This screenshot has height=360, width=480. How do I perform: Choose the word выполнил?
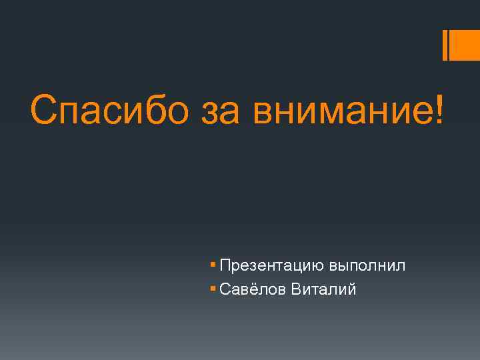[367, 265]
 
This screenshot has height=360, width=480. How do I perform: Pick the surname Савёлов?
[252, 289]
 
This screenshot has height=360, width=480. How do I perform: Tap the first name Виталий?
[323, 289]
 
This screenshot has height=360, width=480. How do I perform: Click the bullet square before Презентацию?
[213, 265]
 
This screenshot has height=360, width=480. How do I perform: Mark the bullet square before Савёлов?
[213, 289]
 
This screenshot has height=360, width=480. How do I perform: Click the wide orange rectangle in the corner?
[465, 45]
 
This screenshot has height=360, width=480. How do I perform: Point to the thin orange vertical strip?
[445, 45]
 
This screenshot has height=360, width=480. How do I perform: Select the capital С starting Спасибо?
[45, 109]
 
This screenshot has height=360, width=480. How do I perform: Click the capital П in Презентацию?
[225, 265]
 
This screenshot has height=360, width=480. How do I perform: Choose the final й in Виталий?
[352, 289]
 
